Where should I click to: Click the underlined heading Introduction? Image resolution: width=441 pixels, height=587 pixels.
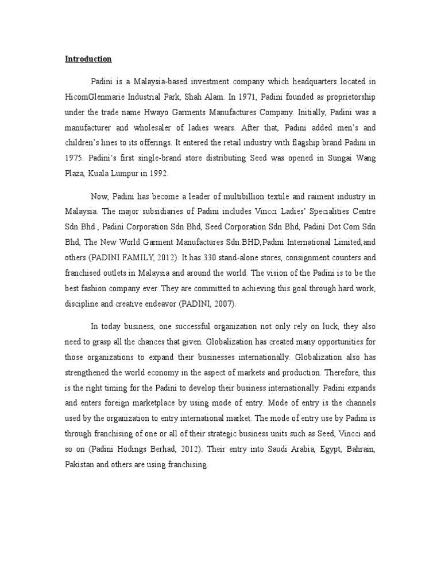click(88, 59)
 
